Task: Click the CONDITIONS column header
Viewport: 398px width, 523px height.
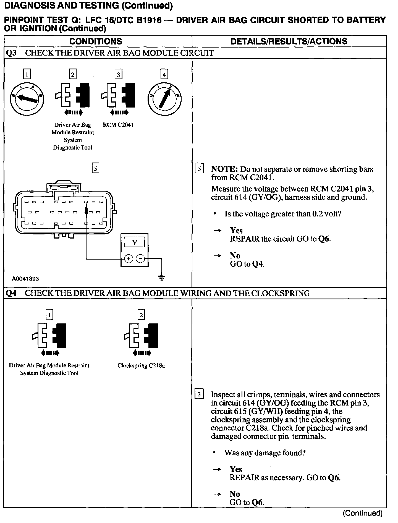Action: (x=96, y=41)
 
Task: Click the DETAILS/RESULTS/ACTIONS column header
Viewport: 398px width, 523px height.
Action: (x=289, y=41)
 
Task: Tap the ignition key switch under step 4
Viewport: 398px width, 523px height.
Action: (x=164, y=99)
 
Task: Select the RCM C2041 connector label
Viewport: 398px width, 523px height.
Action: (x=118, y=125)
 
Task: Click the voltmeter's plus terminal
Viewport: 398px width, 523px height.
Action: (x=129, y=259)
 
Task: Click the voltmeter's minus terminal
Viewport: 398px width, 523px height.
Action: (x=141, y=259)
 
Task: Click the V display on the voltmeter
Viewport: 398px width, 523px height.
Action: (x=135, y=242)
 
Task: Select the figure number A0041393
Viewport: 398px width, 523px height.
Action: (x=25, y=279)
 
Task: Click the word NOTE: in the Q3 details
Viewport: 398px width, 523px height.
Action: (x=224, y=169)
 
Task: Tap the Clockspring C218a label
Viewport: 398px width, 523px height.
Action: (x=141, y=365)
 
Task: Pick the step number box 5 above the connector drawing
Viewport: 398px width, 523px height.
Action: (x=95, y=168)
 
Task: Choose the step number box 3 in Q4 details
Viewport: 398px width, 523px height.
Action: (x=199, y=394)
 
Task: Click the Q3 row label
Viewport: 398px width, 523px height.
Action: (x=11, y=53)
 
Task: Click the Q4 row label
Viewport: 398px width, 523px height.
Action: (x=11, y=293)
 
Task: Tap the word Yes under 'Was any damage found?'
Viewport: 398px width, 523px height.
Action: (x=236, y=469)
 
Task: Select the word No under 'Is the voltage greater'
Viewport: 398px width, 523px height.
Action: (x=235, y=255)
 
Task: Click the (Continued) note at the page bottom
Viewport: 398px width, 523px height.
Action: (x=362, y=513)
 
